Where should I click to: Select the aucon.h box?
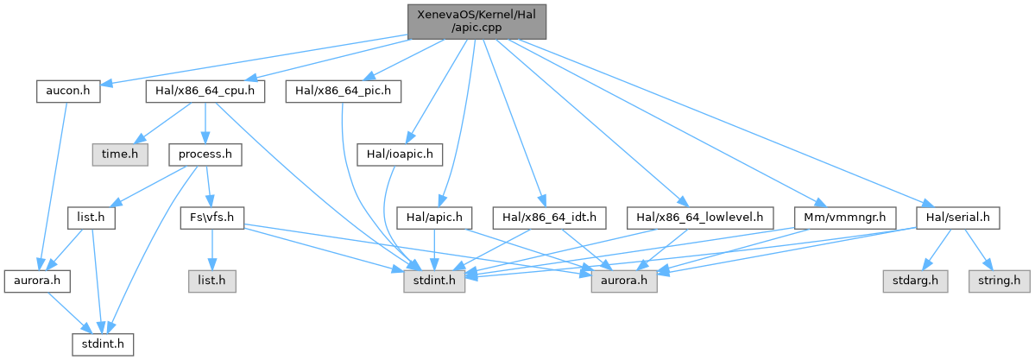point(68,89)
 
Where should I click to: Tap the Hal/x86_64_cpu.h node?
point(205,89)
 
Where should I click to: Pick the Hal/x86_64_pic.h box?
point(343,89)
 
